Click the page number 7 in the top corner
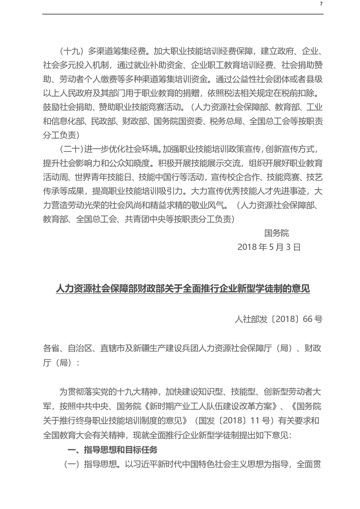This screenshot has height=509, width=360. point(321,4)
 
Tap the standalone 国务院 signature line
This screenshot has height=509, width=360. point(276,233)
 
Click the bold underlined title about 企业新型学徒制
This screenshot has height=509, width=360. point(182,289)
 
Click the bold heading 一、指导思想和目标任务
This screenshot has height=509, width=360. point(112,450)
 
